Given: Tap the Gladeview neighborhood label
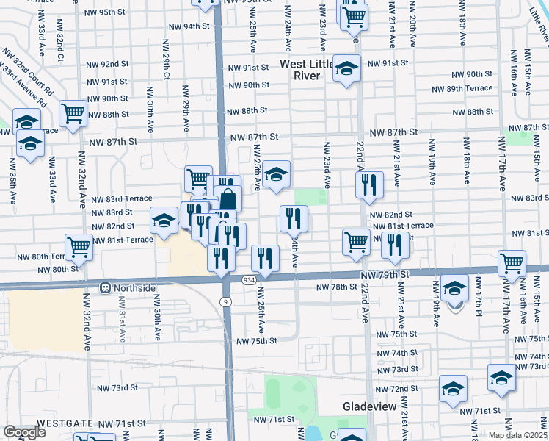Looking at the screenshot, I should point(371,406).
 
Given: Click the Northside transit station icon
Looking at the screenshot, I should point(106,287).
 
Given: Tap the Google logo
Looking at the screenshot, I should point(24,432).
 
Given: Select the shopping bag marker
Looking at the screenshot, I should point(228,198).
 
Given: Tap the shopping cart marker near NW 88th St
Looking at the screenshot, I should point(73,113).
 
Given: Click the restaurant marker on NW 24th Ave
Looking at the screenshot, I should point(293,218).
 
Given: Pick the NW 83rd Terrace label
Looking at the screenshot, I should point(122,199).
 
